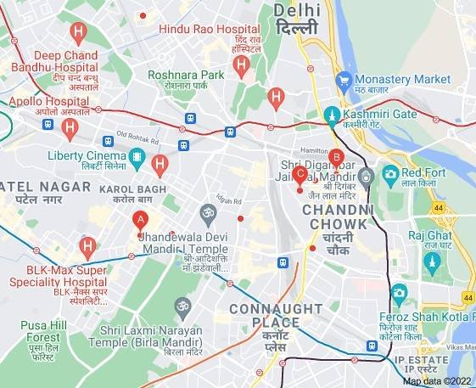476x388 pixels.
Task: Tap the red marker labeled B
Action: (x=336, y=157)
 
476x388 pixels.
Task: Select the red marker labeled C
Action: (x=300, y=175)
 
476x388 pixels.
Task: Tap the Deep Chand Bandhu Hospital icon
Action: (x=79, y=35)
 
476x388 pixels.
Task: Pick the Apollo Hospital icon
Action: (x=70, y=128)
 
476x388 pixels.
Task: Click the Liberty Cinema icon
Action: (x=137, y=156)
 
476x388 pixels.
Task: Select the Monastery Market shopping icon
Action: (x=344, y=80)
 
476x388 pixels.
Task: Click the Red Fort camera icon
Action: (x=390, y=175)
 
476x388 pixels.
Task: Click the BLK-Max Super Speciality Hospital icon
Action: (x=87, y=247)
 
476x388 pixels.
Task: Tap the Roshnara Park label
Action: (x=186, y=75)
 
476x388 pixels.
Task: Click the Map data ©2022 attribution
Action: (x=438, y=381)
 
